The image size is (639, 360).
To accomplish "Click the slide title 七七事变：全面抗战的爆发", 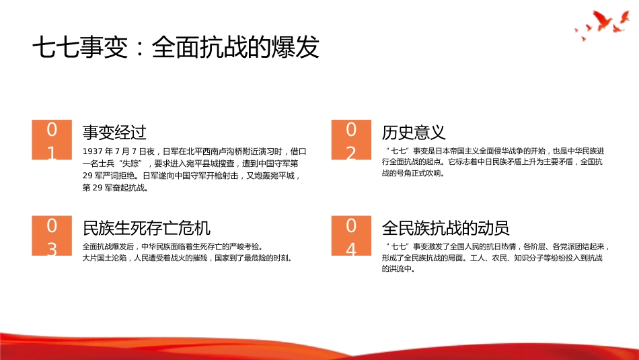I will [176, 48].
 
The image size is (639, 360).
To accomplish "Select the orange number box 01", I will [51, 140].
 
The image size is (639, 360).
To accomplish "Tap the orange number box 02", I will [350, 140].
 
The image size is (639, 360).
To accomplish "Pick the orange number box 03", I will [51, 236].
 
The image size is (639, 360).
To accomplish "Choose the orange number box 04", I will [350, 236].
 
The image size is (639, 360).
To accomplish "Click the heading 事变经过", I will [114, 132].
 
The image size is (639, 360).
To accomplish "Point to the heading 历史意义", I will [414, 132].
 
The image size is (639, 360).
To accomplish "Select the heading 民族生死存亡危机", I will [146, 227].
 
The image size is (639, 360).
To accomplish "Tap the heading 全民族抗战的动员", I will [445, 227].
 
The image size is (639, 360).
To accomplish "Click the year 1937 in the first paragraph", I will [92, 151].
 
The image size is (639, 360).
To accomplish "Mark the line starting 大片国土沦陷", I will [187, 258].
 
